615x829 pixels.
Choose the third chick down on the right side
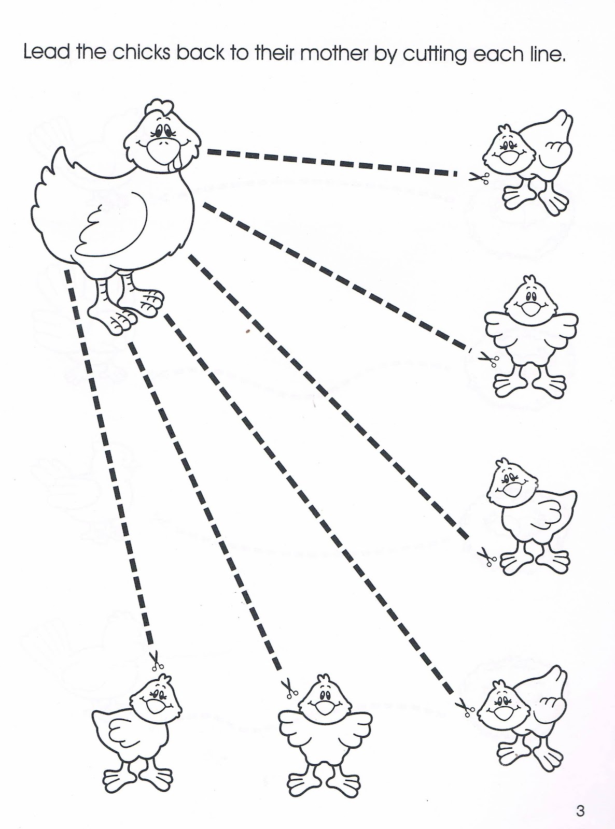[x=529, y=513]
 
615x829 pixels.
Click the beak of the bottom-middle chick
[x=325, y=706]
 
